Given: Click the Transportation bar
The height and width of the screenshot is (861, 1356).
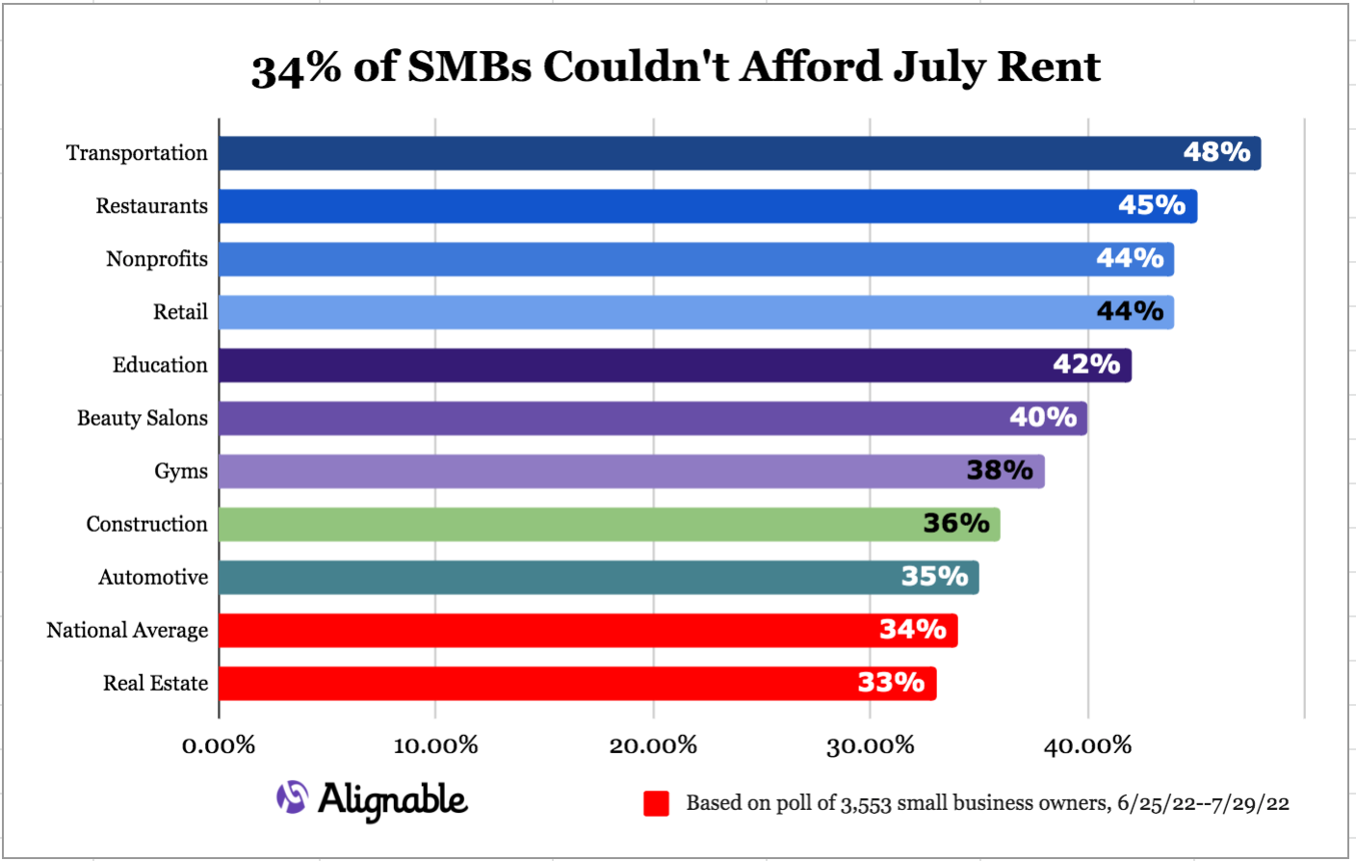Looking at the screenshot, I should coord(739,153).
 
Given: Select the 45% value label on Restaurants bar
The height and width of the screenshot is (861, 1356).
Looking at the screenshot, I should coord(1151,205).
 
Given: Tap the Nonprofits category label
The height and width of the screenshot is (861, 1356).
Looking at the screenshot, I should coord(157,259).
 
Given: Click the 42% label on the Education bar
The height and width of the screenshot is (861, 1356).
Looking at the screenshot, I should coord(1086,364).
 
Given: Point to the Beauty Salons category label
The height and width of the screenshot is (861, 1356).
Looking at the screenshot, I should coord(143,418).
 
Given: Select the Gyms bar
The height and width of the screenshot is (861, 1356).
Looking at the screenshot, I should coord(631,471).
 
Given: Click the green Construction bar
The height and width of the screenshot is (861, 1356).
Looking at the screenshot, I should coord(609,524).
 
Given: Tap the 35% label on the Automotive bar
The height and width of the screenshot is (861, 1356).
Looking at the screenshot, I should coord(934,576).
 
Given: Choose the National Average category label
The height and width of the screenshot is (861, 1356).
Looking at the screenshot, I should coord(127,630).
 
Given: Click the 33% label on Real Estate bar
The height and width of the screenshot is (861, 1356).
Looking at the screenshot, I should coord(891,683).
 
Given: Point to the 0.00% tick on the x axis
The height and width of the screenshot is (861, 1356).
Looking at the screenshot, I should coord(219,745).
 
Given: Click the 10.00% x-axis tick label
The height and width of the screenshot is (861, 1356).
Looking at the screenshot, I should coord(435,745).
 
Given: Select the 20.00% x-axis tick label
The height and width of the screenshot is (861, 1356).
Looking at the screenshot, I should coord(653,745).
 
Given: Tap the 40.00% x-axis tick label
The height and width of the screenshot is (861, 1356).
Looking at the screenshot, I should coord(1087,745).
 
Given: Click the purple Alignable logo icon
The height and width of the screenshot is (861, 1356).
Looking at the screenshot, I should coord(292,797).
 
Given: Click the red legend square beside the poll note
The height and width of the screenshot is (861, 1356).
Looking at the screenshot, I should coord(656,803).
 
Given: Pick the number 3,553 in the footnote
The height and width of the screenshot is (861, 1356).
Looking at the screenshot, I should coord(866,803).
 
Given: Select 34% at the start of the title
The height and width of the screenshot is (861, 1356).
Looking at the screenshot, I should coord(296,68).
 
